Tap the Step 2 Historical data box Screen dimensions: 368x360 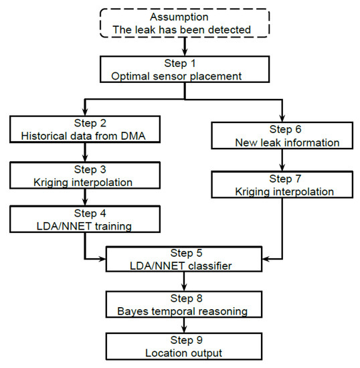pyautogui.click(x=86, y=130)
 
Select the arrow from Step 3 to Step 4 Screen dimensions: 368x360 pyautogui.click(x=86, y=199)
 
